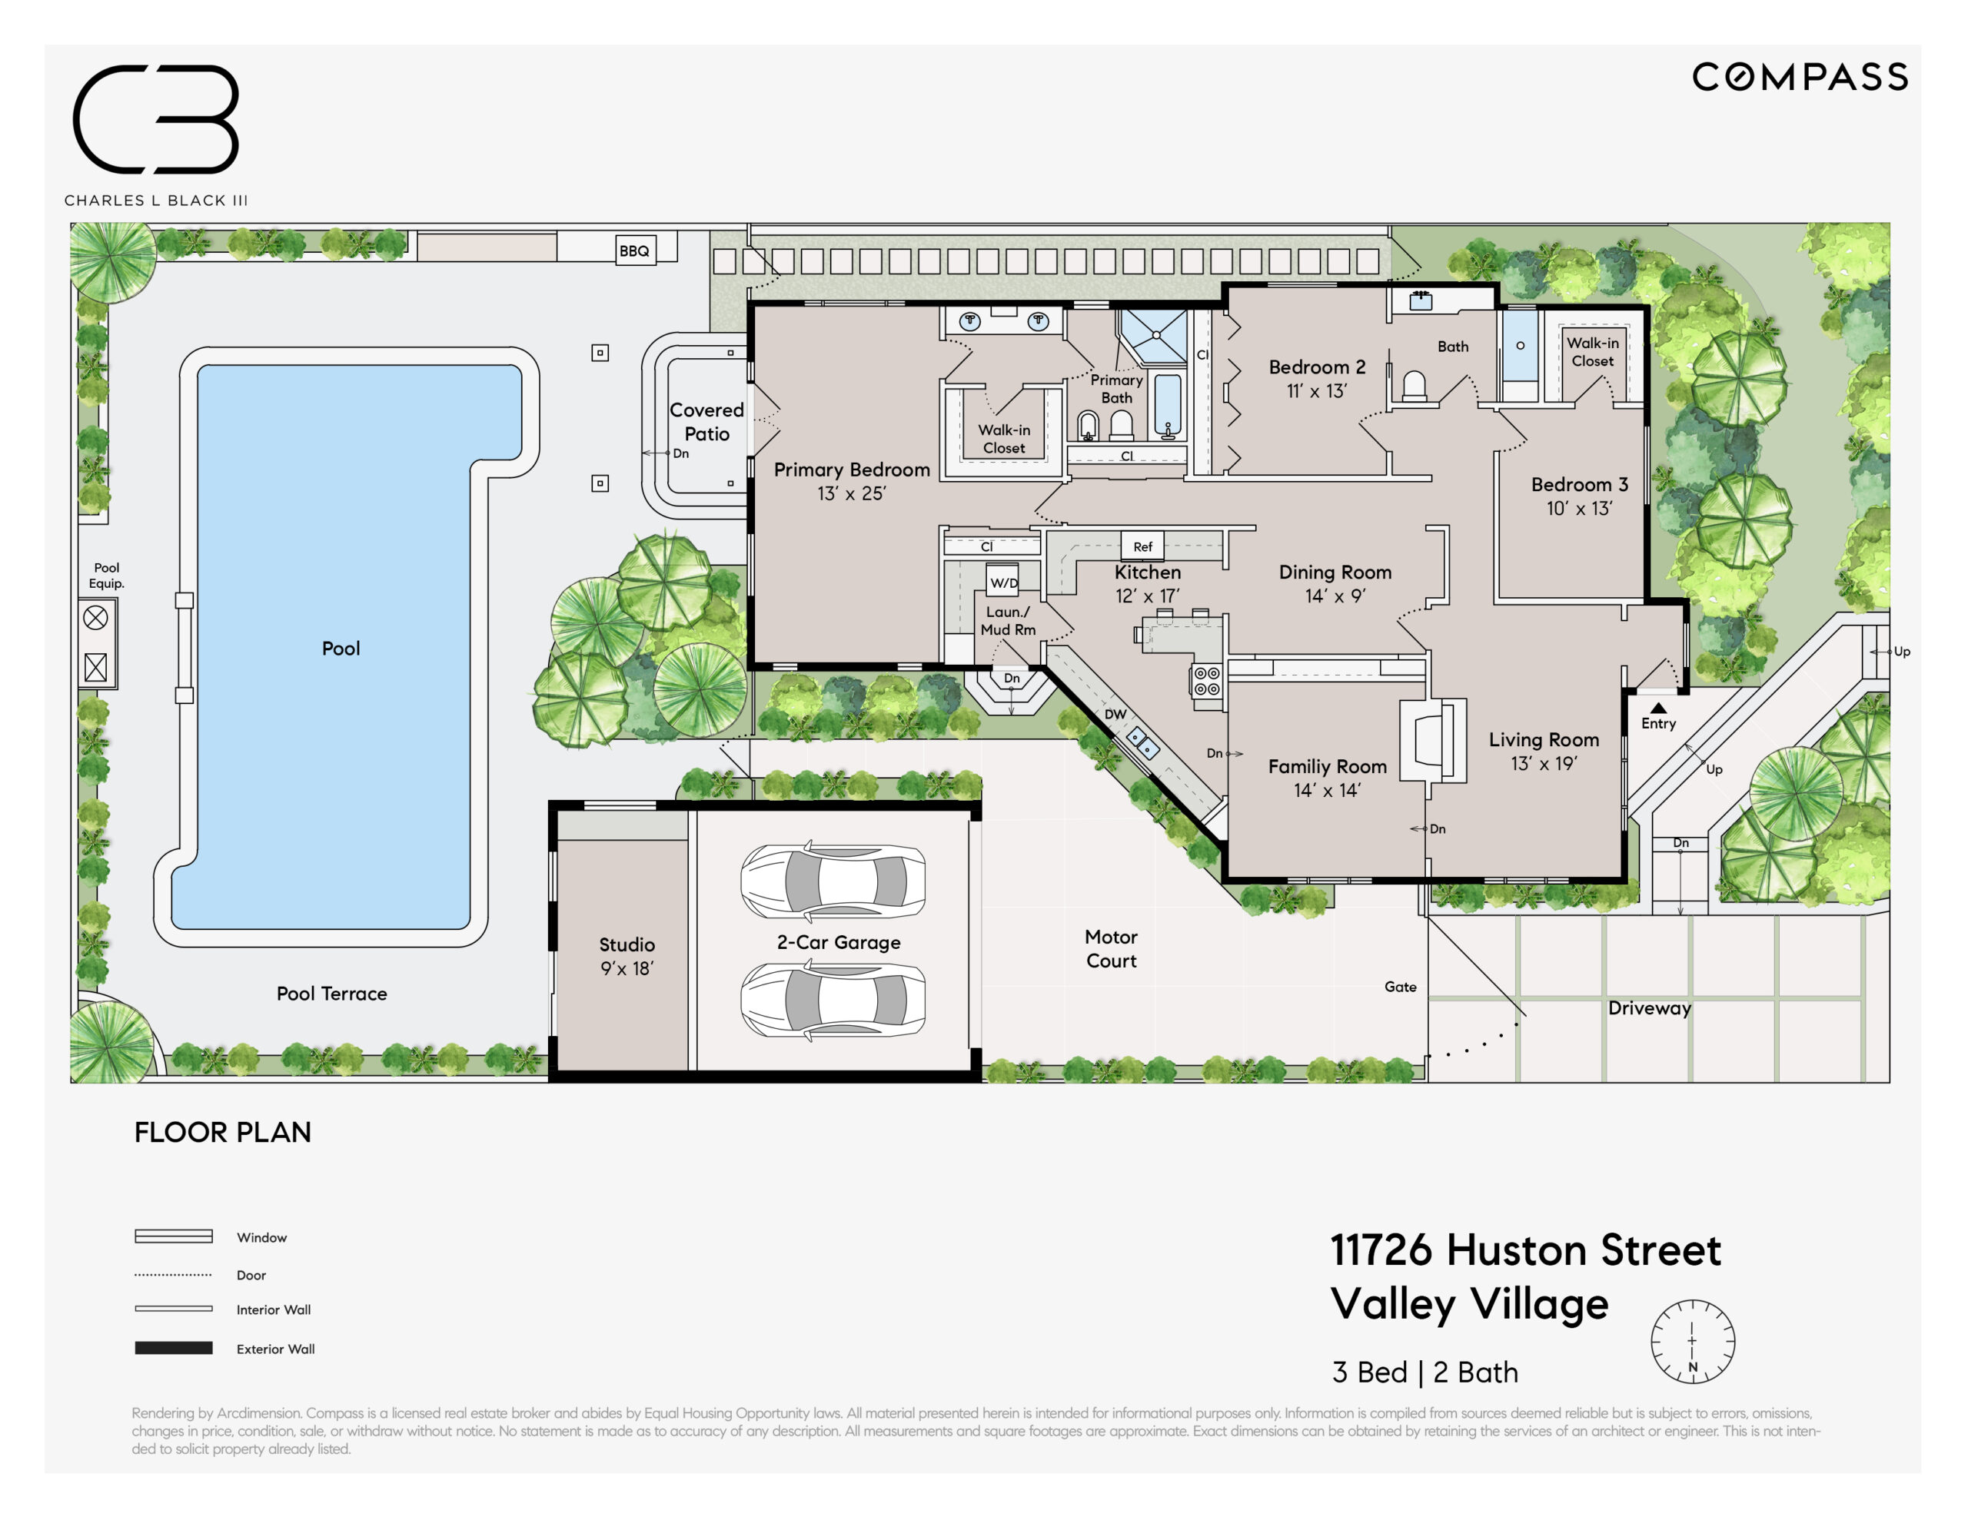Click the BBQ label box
[635, 251]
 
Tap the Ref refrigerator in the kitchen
[1142, 546]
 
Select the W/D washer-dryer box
[1003, 582]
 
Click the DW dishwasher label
[1115, 715]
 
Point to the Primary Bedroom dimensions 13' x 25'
[852, 494]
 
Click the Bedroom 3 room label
[1580, 485]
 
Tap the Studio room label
[627, 944]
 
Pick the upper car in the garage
[833, 881]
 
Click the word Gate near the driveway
[1401, 987]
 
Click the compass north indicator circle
[1692, 1342]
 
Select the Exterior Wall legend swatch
[174, 1348]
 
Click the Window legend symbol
[174, 1236]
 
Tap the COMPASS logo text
[1800, 78]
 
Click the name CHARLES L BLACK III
[156, 200]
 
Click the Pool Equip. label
[106, 575]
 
